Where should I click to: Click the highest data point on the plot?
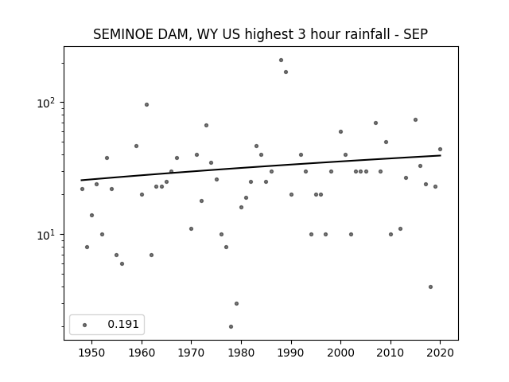[281, 60]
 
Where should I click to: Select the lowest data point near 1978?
[231, 326]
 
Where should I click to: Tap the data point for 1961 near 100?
[146, 104]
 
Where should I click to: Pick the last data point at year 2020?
[440, 149]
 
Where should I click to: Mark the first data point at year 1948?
[82, 189]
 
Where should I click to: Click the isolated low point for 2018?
[430, 286]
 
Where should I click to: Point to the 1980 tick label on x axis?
[241, 353]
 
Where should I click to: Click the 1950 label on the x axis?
[92, 353]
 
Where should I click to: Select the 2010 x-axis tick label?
[390, 353]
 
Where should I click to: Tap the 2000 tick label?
[340, 353]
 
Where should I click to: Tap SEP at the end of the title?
[416, 34]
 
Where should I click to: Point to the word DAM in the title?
[173, 35]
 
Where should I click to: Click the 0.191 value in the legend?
[123, 324]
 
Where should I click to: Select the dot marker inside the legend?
[85, 325]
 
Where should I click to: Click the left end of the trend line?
[81, 181]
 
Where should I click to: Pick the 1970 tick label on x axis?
[191, 353]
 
